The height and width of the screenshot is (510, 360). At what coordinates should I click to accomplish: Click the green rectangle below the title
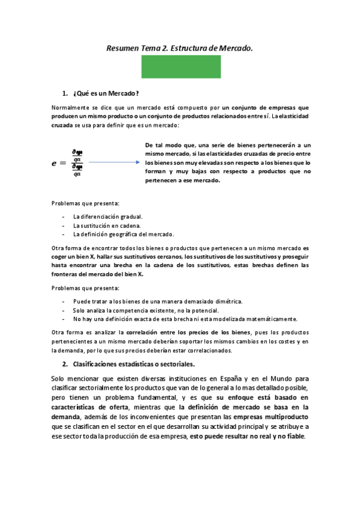pyautogui.click(x=180, y=66)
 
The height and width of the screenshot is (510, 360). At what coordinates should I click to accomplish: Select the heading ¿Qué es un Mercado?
pyautogui.click(x=106, y=93)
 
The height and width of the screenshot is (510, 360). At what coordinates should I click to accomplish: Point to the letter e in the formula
pyautogui.click(x=55, y=162)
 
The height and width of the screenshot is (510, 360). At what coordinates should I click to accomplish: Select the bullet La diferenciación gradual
pyautogui.click(x=108, y=217)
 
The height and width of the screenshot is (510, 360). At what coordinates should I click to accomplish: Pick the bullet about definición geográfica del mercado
pyautogui.click(x=123, y=234)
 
